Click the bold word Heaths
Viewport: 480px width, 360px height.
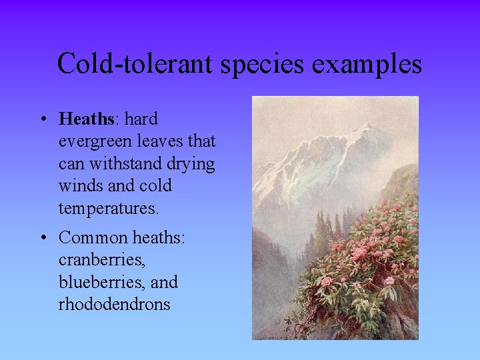(x=87, y=119)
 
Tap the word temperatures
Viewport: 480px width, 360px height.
(x=109, y=208)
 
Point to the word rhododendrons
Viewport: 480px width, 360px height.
(x=114, y=304)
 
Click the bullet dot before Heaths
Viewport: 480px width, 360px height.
(x=42, y=120)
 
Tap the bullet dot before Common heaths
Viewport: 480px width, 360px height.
(x=42, y=238)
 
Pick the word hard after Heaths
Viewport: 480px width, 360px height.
(x=141, y=119)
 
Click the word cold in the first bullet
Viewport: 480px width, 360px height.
(x=155, y=185)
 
